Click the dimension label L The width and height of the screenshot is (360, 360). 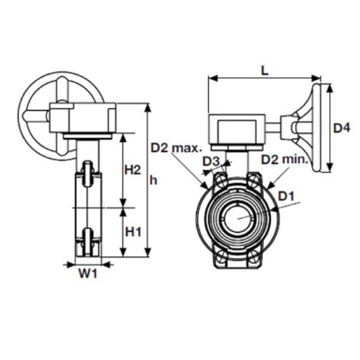click(x=264, y=70)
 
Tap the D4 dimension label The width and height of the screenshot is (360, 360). click(x=342, y=128)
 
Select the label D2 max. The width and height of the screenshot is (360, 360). click(x=176, y=148)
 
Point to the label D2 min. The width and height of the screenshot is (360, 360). click(x=285, y=159)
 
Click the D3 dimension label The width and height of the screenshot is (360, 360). click(x=211, y=162)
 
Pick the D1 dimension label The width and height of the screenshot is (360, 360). click(x=286, y=196)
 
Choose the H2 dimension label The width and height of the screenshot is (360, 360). click(x=132, y=170)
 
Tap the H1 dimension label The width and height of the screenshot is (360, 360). click(x=133, y=232)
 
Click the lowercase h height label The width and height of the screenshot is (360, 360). click(x=153, y=181)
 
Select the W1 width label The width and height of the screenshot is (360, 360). click(x=88, y=273)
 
